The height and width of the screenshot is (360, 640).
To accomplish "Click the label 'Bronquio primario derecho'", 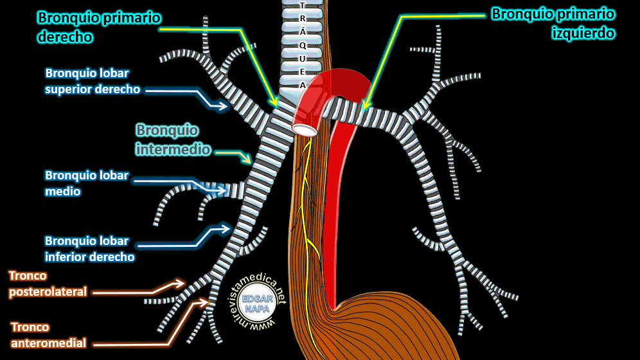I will pyautogui.click(x=98, y=27).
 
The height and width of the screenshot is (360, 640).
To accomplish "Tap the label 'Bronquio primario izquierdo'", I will pyautogui.click(x=553, y=23).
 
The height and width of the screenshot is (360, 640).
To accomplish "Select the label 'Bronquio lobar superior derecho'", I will pyautogui.click(x=93, y=81).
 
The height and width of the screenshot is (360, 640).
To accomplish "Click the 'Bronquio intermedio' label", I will pyautogui.click(x=173, y=139).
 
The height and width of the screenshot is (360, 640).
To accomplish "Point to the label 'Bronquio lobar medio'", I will pyautogui.click(x=87, y=183).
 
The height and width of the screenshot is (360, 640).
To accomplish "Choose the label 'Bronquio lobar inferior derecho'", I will pyautogui.click(x=89, y=249).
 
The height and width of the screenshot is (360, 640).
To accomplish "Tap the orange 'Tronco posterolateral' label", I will pyautogui.click(x=48, y=283).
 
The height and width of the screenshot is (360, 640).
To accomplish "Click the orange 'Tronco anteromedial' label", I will pyautogui.click(x=48, y=335).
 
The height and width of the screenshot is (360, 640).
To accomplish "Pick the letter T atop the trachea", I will pyautogui.click(x=303, y=5).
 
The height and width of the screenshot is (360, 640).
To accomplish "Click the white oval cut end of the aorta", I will pyautogui.click(x=304, y=130).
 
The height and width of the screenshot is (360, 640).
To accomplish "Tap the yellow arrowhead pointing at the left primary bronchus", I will pyautogui.click(x=364, y=107).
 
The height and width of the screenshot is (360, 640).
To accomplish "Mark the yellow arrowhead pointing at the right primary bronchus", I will pyautogui.click(x=275, y=103).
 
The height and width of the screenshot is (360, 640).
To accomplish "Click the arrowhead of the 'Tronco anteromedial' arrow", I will pyautogui.click(x=207, y=301).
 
